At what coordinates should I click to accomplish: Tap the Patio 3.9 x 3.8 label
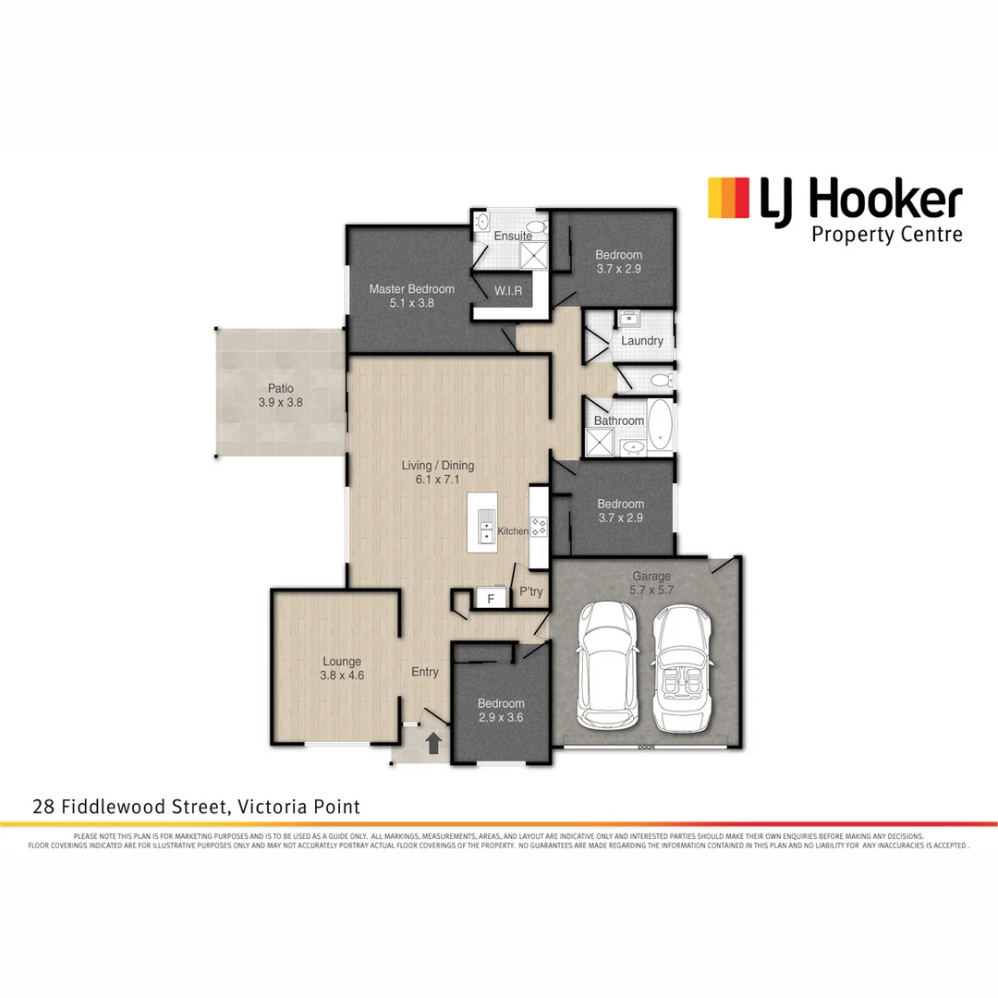click(281, 396)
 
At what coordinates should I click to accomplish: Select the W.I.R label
click(508, 291)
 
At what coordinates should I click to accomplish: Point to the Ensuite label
click(512, 236)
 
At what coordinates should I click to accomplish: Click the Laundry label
click(642, 341)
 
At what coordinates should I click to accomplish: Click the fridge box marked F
click(491, 598)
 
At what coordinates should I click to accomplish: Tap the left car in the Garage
click(605, 666)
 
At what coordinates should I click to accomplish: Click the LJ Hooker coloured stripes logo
click(728, 199)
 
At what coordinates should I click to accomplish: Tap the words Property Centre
click(886, 235)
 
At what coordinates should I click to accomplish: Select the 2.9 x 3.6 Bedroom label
click(501, 710)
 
